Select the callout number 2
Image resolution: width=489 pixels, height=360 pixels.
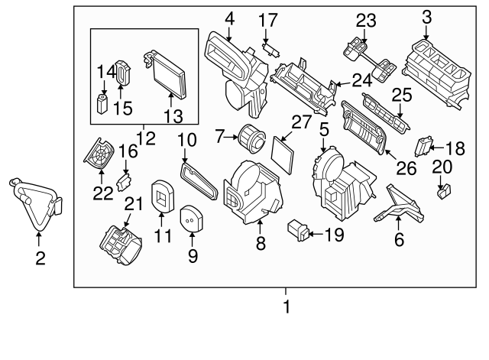(40, 258)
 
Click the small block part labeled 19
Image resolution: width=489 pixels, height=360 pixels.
(298, 229)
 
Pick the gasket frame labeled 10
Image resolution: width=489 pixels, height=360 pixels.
(200, 177)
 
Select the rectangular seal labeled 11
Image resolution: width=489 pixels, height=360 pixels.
(162, 196)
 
